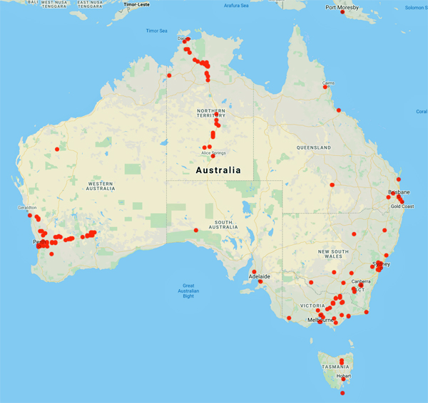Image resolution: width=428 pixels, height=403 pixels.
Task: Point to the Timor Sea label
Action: (x=156, y=31)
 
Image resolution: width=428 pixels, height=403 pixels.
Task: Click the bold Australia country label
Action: (x=218, y=170)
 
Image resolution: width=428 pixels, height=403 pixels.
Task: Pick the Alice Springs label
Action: (x=214, y=152)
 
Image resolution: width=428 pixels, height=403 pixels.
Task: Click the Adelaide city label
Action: (x=259, y=276)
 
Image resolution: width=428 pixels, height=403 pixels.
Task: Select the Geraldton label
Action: (x=26, y=208)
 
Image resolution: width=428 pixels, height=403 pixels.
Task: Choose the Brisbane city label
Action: (x=399, y=192)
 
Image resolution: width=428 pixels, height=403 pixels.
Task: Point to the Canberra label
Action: (x=360, y=281)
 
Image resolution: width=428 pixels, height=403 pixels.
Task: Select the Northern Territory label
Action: (x=211, y=115)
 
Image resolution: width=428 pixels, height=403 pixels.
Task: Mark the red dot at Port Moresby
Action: (x=343, y=12)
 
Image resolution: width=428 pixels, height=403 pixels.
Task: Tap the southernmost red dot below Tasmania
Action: (x=343, y=393)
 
